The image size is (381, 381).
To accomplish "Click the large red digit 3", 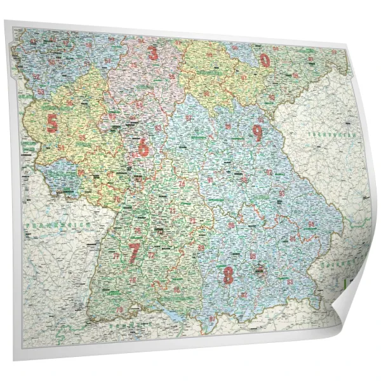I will click(x=152, y=53).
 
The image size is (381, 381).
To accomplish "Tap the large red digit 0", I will click(x=264, y=60).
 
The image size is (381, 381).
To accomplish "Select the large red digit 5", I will click(x=52, y=123).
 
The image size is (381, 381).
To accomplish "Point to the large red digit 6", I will click(x=144, y=148).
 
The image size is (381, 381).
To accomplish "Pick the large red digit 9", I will click(x=257, y=133).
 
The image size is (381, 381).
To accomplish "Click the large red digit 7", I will click(x=134, y=253).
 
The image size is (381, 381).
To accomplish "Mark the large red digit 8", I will click(x=228, y=276).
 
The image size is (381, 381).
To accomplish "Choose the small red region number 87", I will click(x=212, y=317).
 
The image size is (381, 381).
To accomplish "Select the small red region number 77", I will click(x=116, y=256).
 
